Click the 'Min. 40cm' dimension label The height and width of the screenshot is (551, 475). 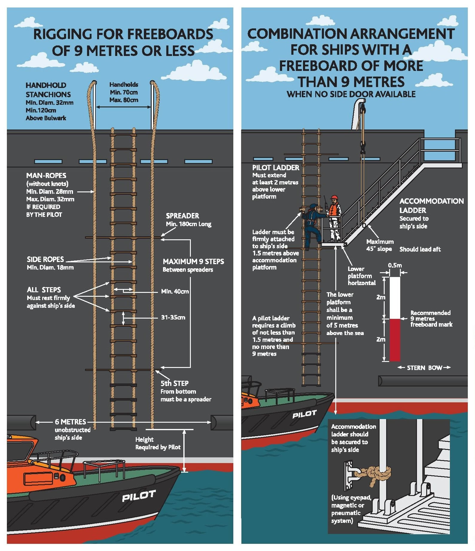point(175,291)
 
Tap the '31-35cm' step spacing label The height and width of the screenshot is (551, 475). point(173,317)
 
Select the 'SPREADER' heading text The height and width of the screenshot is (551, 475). point(182,216)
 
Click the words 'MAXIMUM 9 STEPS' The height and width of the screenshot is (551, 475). point(193,262)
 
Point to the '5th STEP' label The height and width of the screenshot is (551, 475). point(174,383)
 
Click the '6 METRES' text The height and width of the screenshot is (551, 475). point(70,422)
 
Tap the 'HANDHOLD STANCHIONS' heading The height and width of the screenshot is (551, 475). point(48,90)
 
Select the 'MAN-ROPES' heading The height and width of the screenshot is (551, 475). point(46,176)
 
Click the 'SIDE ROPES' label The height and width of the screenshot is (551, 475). point(45,259)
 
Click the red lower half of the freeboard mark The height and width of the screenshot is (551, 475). point(395,340)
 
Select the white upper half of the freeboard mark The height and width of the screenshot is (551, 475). point(395,298)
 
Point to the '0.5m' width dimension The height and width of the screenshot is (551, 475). point(395,265)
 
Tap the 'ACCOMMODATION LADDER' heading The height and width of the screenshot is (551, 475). point(431,206)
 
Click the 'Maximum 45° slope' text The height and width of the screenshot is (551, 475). point(380,245)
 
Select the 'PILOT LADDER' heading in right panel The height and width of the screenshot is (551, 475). point(275,168)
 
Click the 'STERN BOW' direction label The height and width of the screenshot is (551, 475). point(424,368)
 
